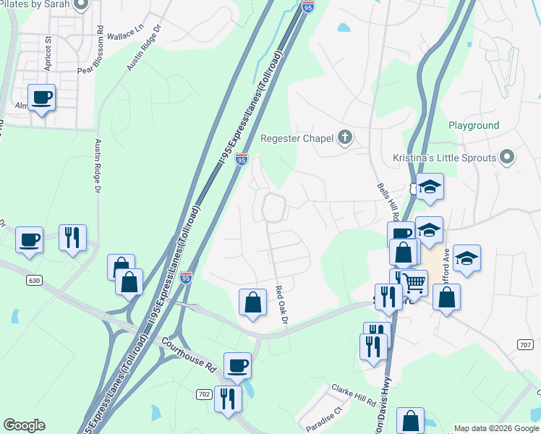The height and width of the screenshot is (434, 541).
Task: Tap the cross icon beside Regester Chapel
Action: point(345,137)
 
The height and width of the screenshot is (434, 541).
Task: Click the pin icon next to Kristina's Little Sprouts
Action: point(507,157)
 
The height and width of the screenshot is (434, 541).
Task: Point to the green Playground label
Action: point(474,125)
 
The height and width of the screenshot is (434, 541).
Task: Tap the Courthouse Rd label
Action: point(189,354)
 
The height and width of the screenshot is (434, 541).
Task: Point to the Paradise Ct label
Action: point(323,418)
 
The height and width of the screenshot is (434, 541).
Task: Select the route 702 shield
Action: point(205,393)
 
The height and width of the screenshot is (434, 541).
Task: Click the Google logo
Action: point(24,425)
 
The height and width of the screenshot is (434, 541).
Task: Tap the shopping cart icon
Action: point(414,283)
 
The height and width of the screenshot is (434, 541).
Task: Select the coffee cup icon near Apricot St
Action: point(41,97)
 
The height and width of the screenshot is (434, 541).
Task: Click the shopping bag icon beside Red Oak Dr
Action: point(252,302)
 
